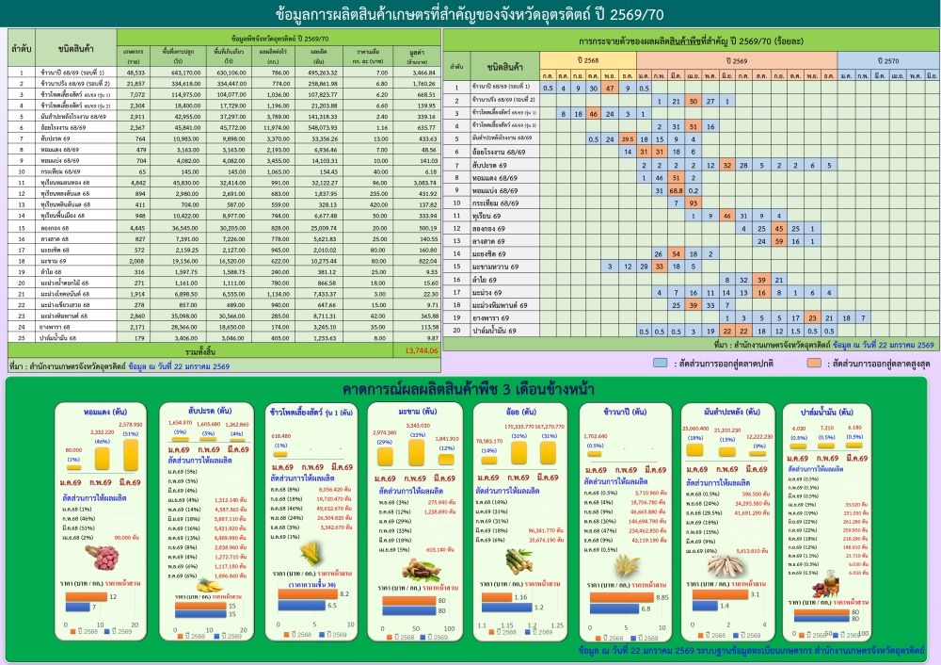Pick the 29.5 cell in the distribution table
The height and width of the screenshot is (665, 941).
click(628, 138)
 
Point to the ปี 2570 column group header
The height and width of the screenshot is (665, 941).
click(888, 59)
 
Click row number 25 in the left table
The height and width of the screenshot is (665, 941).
click(21, 336)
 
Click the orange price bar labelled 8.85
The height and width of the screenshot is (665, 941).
click(621, 596)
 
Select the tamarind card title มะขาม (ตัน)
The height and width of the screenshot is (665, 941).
click(411, 412)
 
